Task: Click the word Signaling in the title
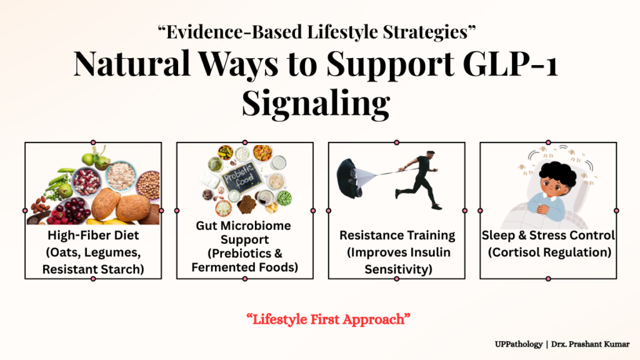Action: [316, 103]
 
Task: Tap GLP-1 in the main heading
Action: [511, 64]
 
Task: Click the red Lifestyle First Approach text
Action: [328, 319]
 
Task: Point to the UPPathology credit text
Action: [519, 344]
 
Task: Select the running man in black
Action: [417, 179]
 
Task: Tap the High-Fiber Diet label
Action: [93, 235]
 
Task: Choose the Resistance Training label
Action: [397, 235]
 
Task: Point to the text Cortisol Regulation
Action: [549, 252]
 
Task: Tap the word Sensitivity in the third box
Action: [396, 269]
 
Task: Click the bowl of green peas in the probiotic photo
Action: [284, 198]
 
